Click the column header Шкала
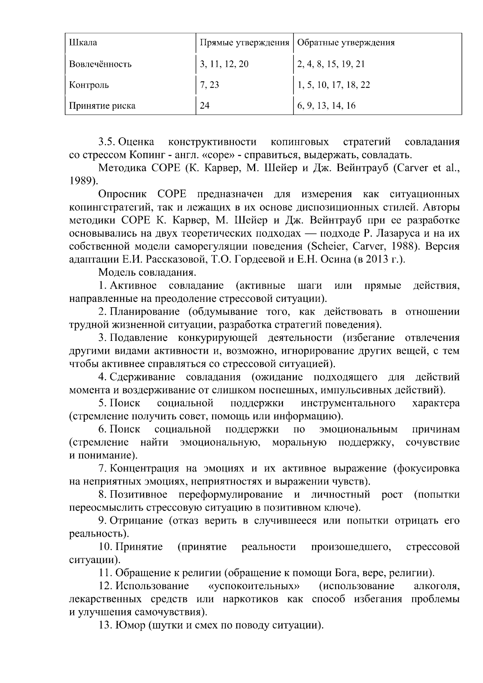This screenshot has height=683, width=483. [x=83, y=43]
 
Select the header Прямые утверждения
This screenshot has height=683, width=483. [x=245, y=43]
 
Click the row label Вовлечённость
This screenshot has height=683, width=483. [x=100, y=64]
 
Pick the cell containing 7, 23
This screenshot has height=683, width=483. [x=209, y=85]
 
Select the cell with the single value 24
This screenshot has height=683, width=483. [x=204, y=106]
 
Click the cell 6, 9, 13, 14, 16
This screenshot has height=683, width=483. [x=326, y=106]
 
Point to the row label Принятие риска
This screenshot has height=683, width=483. [x=102, y=106]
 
